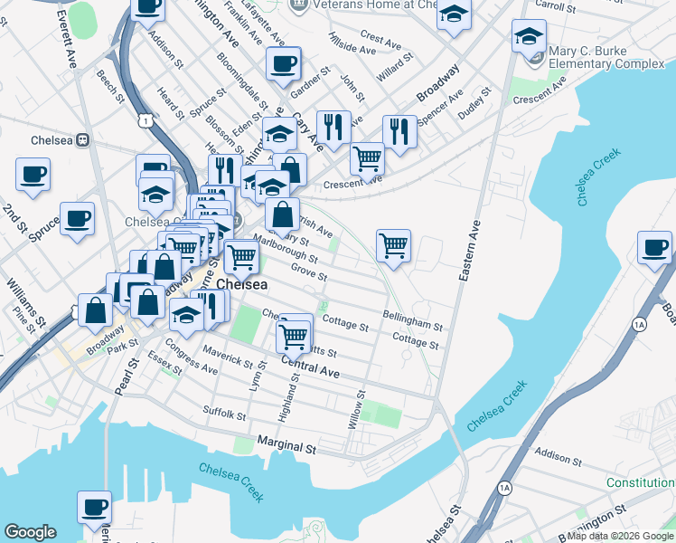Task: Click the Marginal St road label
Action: [x=286, y=447]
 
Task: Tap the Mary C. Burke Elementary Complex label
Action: [x=600, y=63]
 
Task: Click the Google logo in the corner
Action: [x=30, y=532]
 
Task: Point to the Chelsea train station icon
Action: [x=82, y=140]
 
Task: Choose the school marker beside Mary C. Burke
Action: [x=528, y=39]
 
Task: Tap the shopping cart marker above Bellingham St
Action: [x=393, y=244]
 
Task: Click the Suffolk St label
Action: [x=224, y=414]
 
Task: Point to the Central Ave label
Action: [x=310, y=367]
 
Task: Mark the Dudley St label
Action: [x=474, y=104]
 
